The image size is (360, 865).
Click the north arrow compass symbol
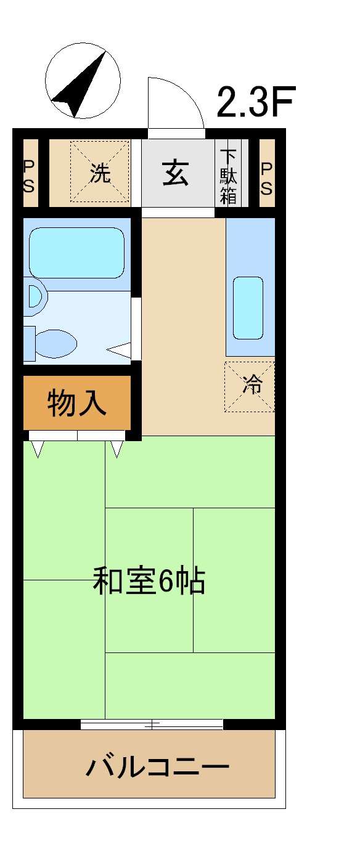(83, 81)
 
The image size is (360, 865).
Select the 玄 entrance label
(176, 173)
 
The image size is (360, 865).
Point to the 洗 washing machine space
(100, 173)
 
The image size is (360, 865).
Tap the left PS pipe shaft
(29, 176)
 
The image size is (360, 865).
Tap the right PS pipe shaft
(266, 177)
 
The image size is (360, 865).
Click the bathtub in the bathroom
(77, 253)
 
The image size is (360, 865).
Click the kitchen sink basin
(248, 307)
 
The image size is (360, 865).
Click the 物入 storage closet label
(77, 404)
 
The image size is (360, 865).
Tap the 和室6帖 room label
(149, 581)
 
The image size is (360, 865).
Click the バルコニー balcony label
(157, 767)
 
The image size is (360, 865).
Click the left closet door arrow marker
(38, 449)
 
